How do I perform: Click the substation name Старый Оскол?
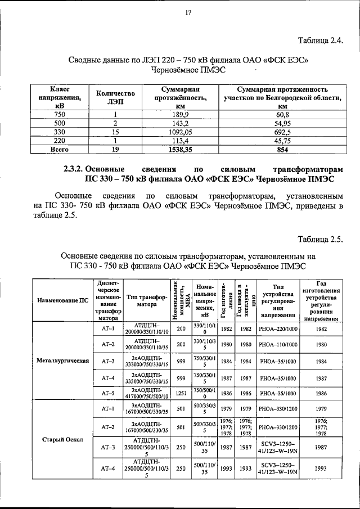62,439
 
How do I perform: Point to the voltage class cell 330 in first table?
56,132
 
